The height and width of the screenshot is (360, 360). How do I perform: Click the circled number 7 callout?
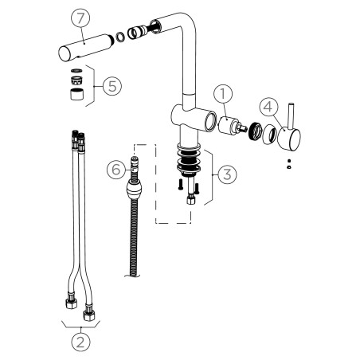coord(80,18)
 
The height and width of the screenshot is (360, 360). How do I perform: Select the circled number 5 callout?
coord(112,86)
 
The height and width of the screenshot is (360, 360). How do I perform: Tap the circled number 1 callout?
coord(223,94)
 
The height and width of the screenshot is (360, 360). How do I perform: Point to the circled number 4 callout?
coord(268,108)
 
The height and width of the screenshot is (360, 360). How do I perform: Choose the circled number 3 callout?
coord(227,174)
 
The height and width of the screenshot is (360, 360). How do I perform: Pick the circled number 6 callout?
coord(116,170)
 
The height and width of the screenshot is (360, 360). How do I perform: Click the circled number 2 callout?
coord(80,342)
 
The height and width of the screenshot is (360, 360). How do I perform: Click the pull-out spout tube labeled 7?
coord(85,48)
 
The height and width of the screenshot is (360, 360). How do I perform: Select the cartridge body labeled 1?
coord(227,125)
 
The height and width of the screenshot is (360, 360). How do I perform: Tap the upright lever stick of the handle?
coord(291,116)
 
